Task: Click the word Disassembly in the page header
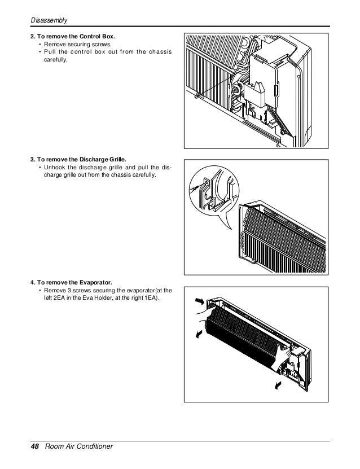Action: pyautogui.click(x=49, y=21)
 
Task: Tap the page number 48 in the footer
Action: pyautogui.click(x=34, y=447)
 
